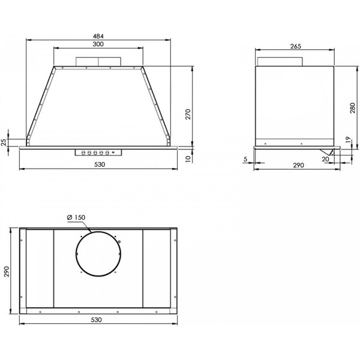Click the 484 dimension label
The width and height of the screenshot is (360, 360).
coord(98,36)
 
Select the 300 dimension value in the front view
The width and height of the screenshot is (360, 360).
coord(98,44)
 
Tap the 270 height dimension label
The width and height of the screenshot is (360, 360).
coord(188,114)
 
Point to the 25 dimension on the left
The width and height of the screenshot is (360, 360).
coord(4,143)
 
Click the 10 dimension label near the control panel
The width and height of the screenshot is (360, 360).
coord(188,159)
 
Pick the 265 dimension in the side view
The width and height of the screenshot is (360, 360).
coord(295,46)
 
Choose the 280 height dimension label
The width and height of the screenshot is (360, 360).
coord(352,107)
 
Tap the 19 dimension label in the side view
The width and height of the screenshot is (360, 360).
coord(348,140)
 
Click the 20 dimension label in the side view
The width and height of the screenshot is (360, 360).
coord(325,159)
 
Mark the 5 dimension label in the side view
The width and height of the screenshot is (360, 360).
coord(245,159)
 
